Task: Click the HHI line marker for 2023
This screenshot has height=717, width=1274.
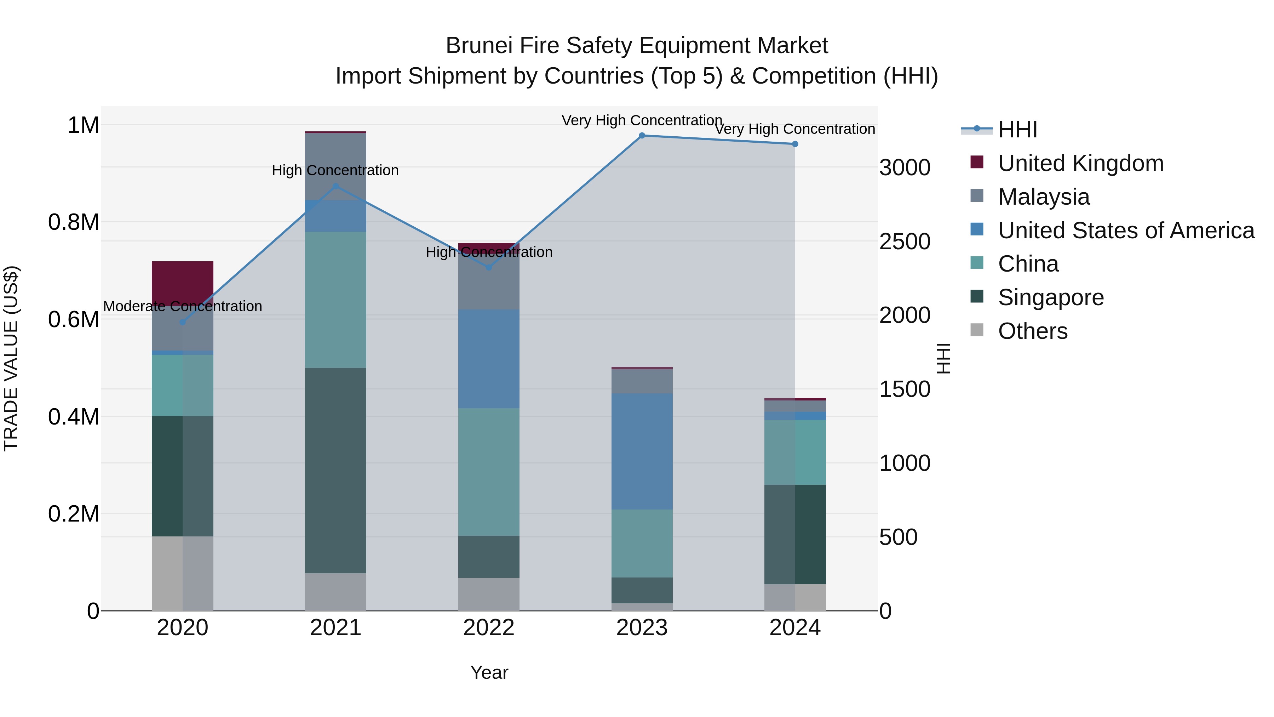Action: (642, 136)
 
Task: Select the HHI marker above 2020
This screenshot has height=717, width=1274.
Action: (183, 322)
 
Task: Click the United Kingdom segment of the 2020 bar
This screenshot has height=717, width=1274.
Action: (183, 282)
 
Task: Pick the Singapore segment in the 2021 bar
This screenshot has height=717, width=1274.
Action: (336, 470)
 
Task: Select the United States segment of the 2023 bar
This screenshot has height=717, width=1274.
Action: (642, 451)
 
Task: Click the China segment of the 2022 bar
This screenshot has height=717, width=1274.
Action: (489, 472)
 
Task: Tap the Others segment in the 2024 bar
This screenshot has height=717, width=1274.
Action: (795, 597)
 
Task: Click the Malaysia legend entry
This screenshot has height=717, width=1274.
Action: (1044, 197)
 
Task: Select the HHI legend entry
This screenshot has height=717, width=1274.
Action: (1017, 130)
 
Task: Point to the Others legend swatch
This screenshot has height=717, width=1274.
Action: (977, 330)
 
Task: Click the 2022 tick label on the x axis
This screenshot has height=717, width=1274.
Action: (489, 628)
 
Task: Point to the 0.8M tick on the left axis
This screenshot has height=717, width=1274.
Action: (74, 222)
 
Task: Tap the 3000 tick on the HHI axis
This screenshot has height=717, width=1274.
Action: (905, 168)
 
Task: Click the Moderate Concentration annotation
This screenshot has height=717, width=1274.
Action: (183, 306)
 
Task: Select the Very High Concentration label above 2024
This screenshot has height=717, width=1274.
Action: (795, 129)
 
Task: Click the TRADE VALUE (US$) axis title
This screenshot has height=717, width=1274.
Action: (11, 358)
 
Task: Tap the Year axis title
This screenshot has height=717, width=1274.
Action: (489, 672)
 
